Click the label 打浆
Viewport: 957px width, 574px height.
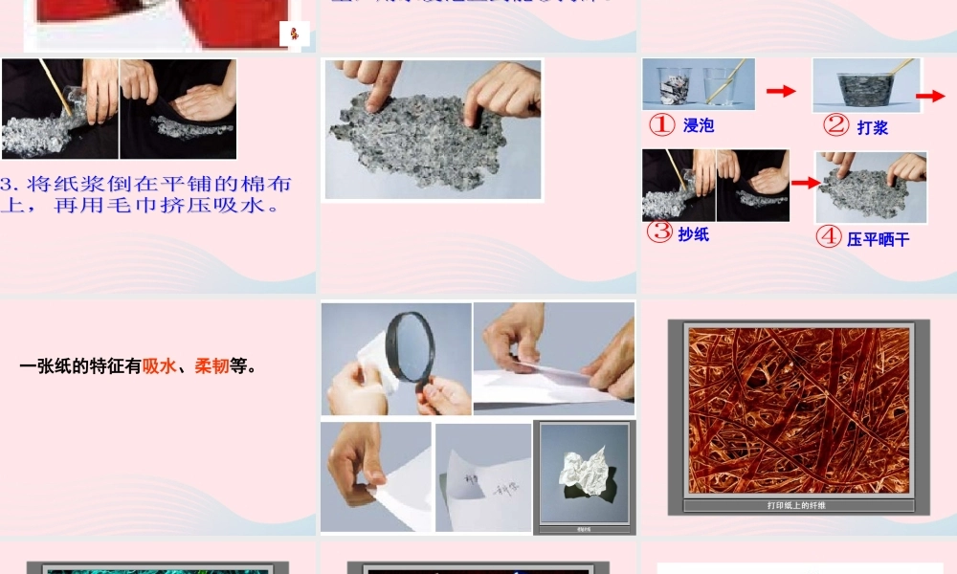pyautogui.click(x=872, y=127)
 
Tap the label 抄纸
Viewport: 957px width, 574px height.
pyautogui.click(x=694, y=233)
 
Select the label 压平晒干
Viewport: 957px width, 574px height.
pyautogui.click(x=878, y=239)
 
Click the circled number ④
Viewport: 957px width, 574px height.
pyautogui.click(x=829, y=237)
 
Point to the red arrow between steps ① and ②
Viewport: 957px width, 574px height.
pyautogui.click(x=781, y=91)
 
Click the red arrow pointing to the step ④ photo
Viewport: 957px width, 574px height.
pyautogui.click(x=805, y=182)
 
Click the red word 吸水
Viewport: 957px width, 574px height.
pyautogui.click(x=159, y=365)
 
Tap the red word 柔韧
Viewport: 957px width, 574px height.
pyautogui.click(x=211, y=365)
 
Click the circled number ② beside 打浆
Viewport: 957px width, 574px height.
pyautogui.click(x=836, y=125)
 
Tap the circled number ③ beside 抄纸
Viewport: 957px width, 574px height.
pyautogui.click(x=659, y=232)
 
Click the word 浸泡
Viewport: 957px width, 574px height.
pyautogui.click(x=699, y=125)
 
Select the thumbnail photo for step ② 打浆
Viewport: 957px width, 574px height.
pyautogui.click(x=866, y=86)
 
